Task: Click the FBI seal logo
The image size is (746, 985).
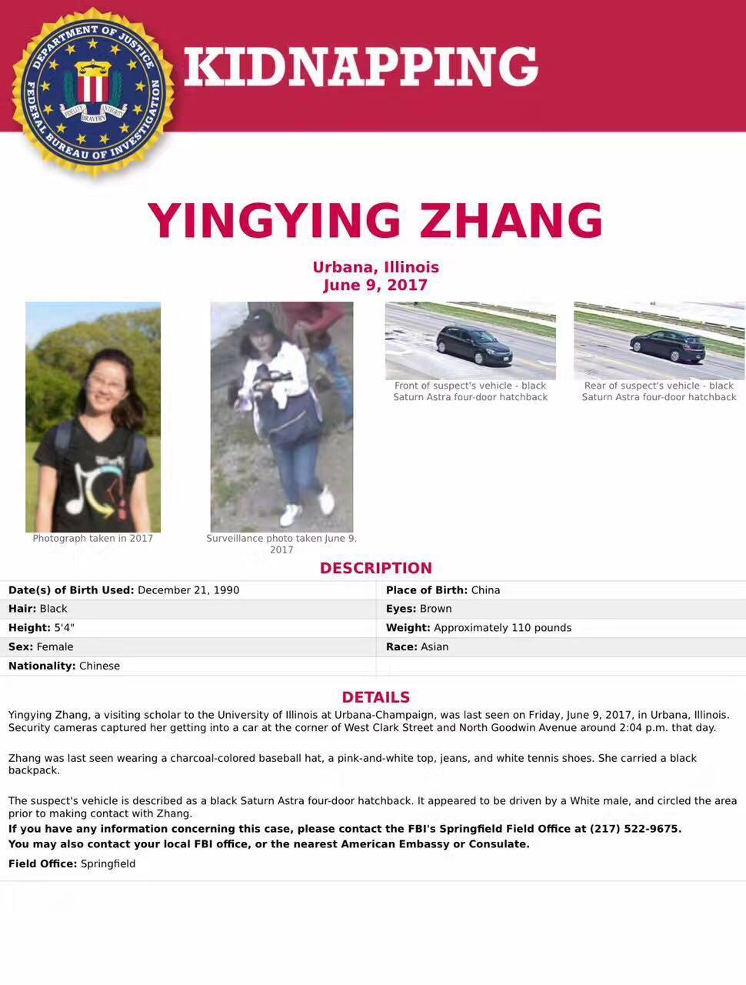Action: pos(93,92)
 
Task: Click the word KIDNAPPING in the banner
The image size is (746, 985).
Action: pos(361,66)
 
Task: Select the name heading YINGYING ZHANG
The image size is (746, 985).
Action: pos(375,221)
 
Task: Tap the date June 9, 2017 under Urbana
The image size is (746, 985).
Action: pos(375,285)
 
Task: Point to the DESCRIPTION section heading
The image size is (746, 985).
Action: pos(375,568)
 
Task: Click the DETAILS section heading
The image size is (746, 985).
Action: pos(375,697)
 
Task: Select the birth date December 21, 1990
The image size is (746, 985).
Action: pos(188,590)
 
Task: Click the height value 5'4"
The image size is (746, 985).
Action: pos(65,628)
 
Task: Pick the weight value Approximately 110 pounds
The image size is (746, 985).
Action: pos(502,628)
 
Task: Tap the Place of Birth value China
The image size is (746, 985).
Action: pos(485,590)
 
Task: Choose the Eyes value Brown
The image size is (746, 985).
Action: pos(435,609)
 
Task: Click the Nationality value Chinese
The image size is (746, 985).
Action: pos(100,666)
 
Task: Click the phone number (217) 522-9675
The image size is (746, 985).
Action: pos(634,829)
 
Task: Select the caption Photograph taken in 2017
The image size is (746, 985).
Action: pos(93,539)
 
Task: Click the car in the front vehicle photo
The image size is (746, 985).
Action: pos(473,346)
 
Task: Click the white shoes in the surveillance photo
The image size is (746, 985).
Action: pos(308,508)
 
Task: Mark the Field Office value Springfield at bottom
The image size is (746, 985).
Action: pos(108,863)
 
